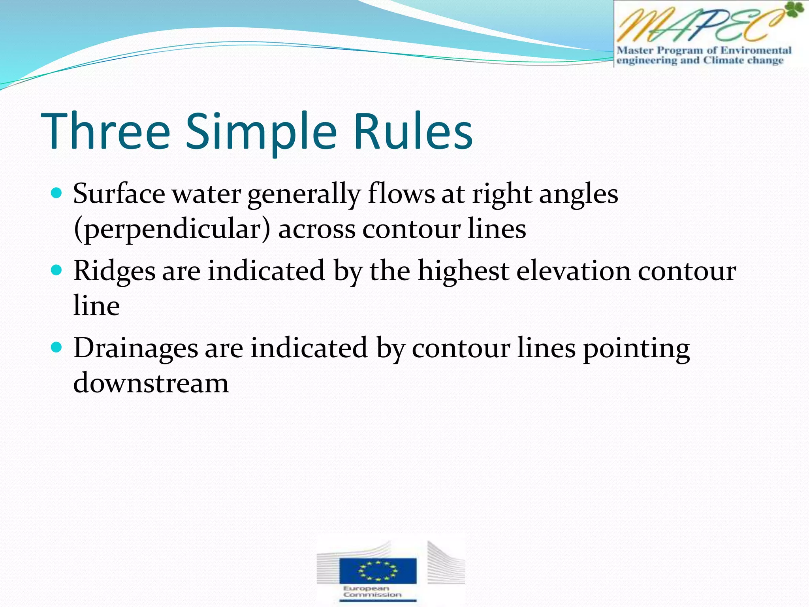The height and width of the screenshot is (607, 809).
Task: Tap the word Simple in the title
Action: [261, 132]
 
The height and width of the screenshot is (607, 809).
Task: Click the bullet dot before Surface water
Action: [57, 193]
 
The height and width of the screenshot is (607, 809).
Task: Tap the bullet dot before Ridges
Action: [57, 270]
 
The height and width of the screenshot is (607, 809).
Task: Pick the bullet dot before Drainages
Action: [57, 347]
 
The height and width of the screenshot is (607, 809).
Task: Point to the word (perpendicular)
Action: [172, 229]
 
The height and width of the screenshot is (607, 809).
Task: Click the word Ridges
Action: [114, 272]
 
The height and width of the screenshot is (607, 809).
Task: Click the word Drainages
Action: [135, 349]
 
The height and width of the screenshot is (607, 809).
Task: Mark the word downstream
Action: [151, 383]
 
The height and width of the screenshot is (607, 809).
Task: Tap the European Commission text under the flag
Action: [372, 592]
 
